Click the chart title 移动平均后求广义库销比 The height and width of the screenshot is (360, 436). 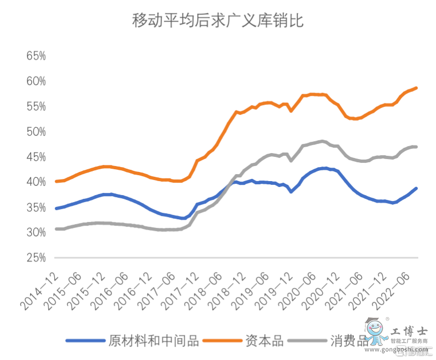click(217, 22)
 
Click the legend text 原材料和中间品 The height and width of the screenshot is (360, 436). click(154, 341)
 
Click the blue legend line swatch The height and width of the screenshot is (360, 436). click(85, 341)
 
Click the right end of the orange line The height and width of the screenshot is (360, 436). click(417, 88)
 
